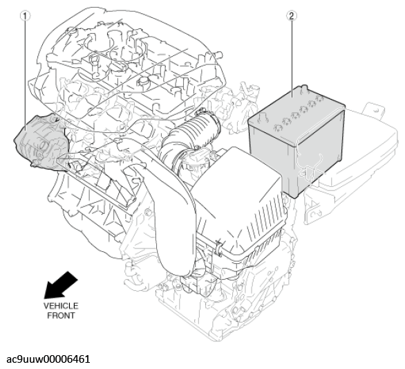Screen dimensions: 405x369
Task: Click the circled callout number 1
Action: pos(25,16)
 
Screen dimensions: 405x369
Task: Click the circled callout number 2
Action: pos(292,16)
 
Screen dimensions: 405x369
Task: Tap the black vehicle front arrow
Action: pos(60,285)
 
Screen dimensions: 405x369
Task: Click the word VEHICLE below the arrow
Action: pos(61,306)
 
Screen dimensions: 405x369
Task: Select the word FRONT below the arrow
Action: pos(61,316)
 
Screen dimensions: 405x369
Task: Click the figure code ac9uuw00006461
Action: pos(48,359)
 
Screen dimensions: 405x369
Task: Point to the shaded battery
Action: pos(296,140)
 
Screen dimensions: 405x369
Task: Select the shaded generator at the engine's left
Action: pos(41,143)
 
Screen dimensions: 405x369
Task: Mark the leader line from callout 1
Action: pos(26,75)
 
